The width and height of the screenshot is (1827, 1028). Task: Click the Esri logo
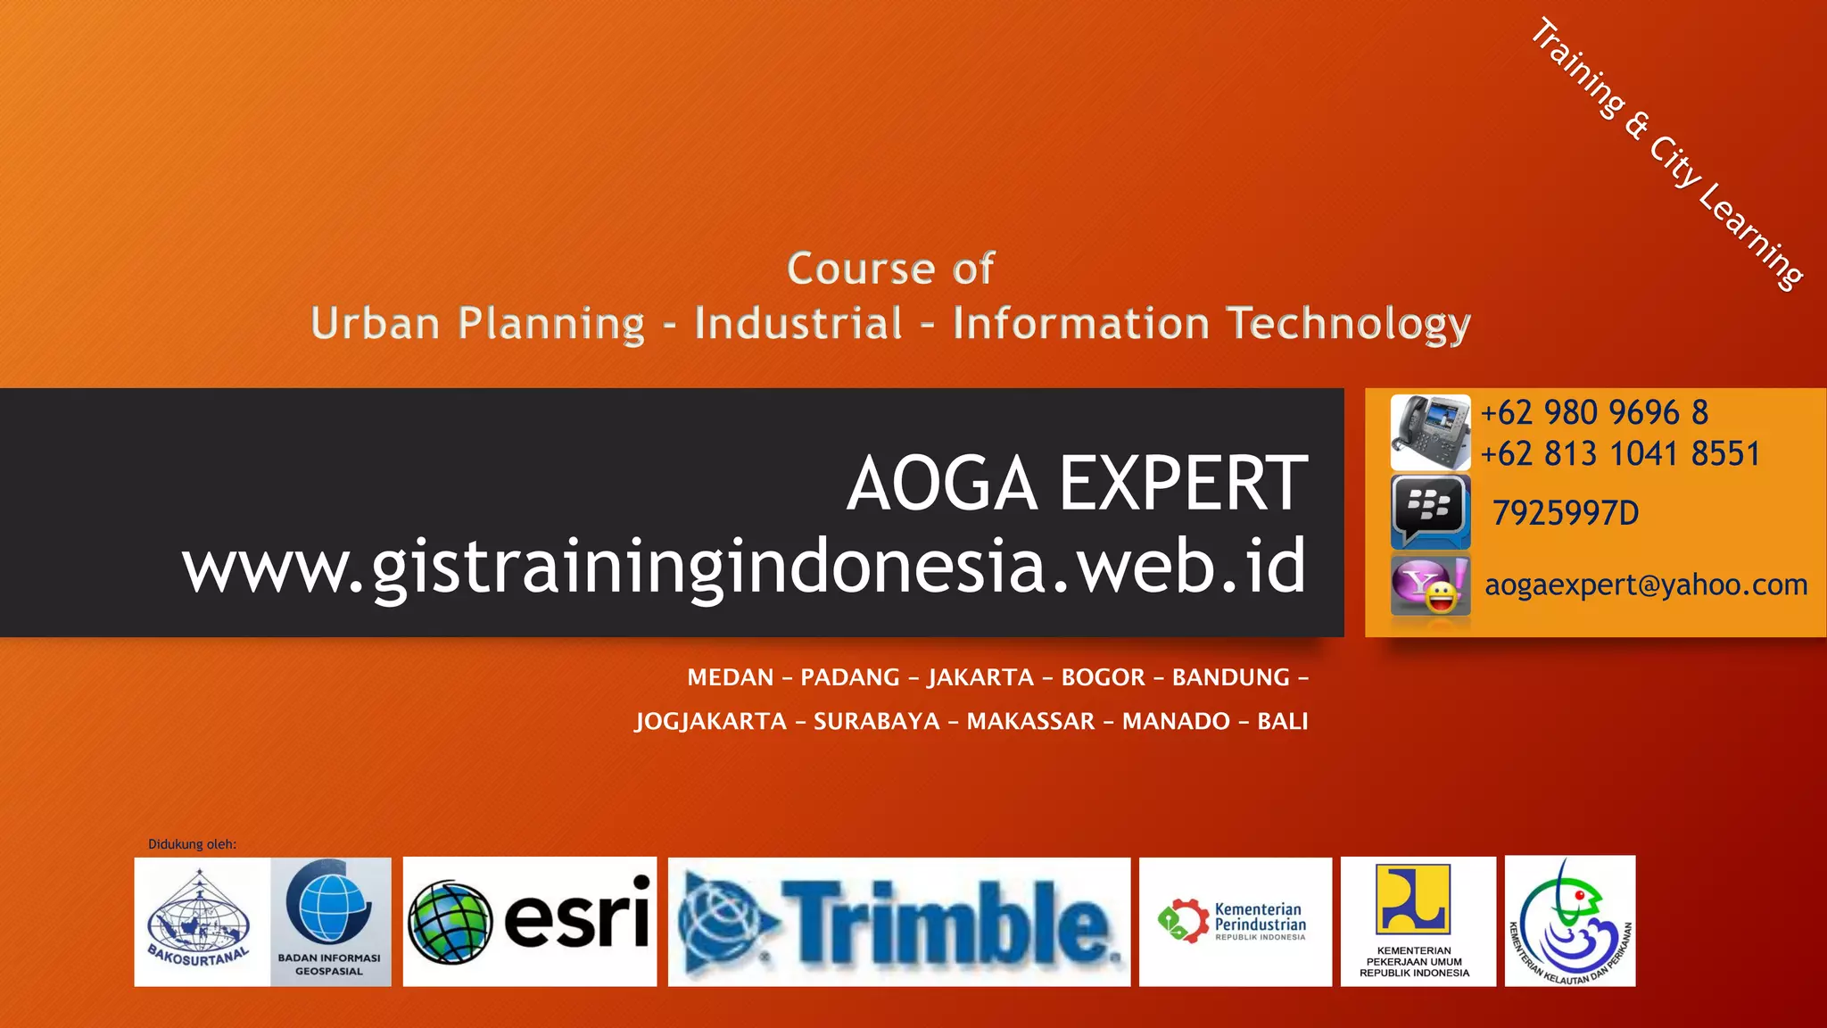[x=530, y=922]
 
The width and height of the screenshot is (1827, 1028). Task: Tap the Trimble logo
[x=899, y=922]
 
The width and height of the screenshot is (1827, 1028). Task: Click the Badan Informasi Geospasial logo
[x=330, y=922]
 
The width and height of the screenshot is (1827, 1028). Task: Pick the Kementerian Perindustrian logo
[x=1235, y=922]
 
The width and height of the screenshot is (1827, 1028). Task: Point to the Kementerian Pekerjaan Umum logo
[x=1417, y=922]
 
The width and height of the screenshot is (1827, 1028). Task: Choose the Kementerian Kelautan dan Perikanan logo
[x=1570, y=922]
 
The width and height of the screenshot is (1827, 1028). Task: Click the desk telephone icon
[x=1430, y=432]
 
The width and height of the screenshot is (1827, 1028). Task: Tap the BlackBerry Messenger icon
[x=1430, y=510]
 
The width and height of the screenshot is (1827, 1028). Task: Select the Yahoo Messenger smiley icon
[x=1430, y=586]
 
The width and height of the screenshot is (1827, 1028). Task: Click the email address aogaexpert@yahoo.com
[x=1646, y=585]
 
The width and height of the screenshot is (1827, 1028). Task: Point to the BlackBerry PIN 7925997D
[x=1566, y=513]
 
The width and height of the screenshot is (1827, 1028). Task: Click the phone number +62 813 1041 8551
[x=1620, y=454]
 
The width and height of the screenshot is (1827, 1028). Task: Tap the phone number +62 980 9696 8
[x=1594, y=412]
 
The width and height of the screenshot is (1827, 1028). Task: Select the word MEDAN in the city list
[x=730, y=677]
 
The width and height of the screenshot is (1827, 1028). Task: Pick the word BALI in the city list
[x=1282, y=721]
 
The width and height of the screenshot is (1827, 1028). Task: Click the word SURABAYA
[x=876, y=721]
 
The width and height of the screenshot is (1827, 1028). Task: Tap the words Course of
[x=890, y=269]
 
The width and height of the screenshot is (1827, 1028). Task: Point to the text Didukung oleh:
[x=192, y=844]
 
